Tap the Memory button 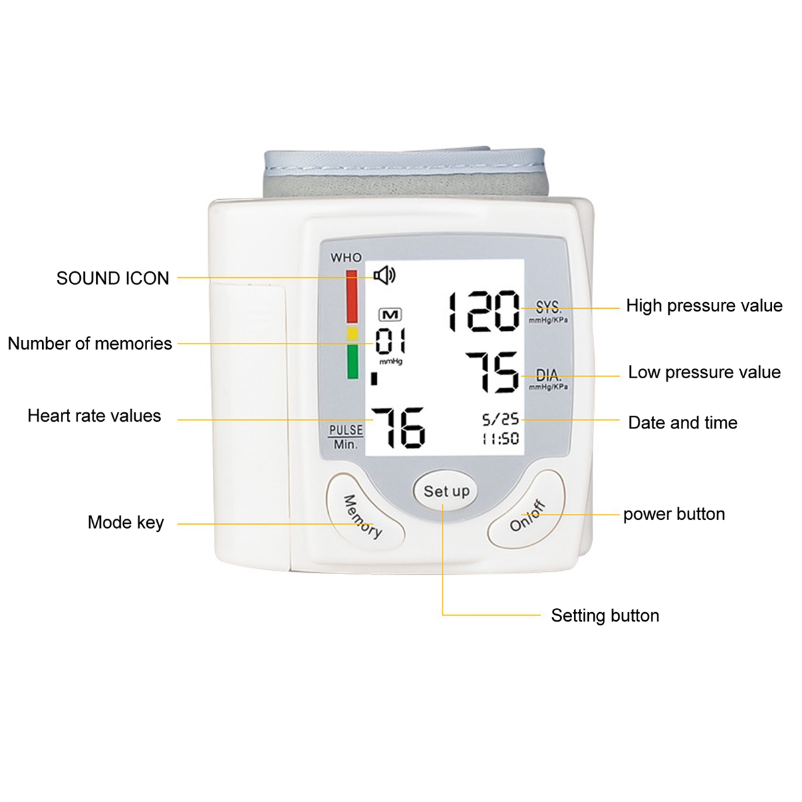point(365,511)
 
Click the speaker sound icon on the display point(384,275)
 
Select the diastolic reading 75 point(493,372)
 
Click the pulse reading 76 point(398,428)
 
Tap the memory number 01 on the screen point(390,341)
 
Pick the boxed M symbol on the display point(390,315)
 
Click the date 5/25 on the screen point(501,420)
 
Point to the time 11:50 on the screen point(501,438)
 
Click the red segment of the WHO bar point(352,296)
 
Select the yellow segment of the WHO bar point(352,333)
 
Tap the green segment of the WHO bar point(352,362)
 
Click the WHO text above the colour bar point(346,258)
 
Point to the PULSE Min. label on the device point(346,437)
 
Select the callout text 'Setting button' point(605,616)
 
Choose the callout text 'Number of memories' point(90,344)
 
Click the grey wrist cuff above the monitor point(406,172)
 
